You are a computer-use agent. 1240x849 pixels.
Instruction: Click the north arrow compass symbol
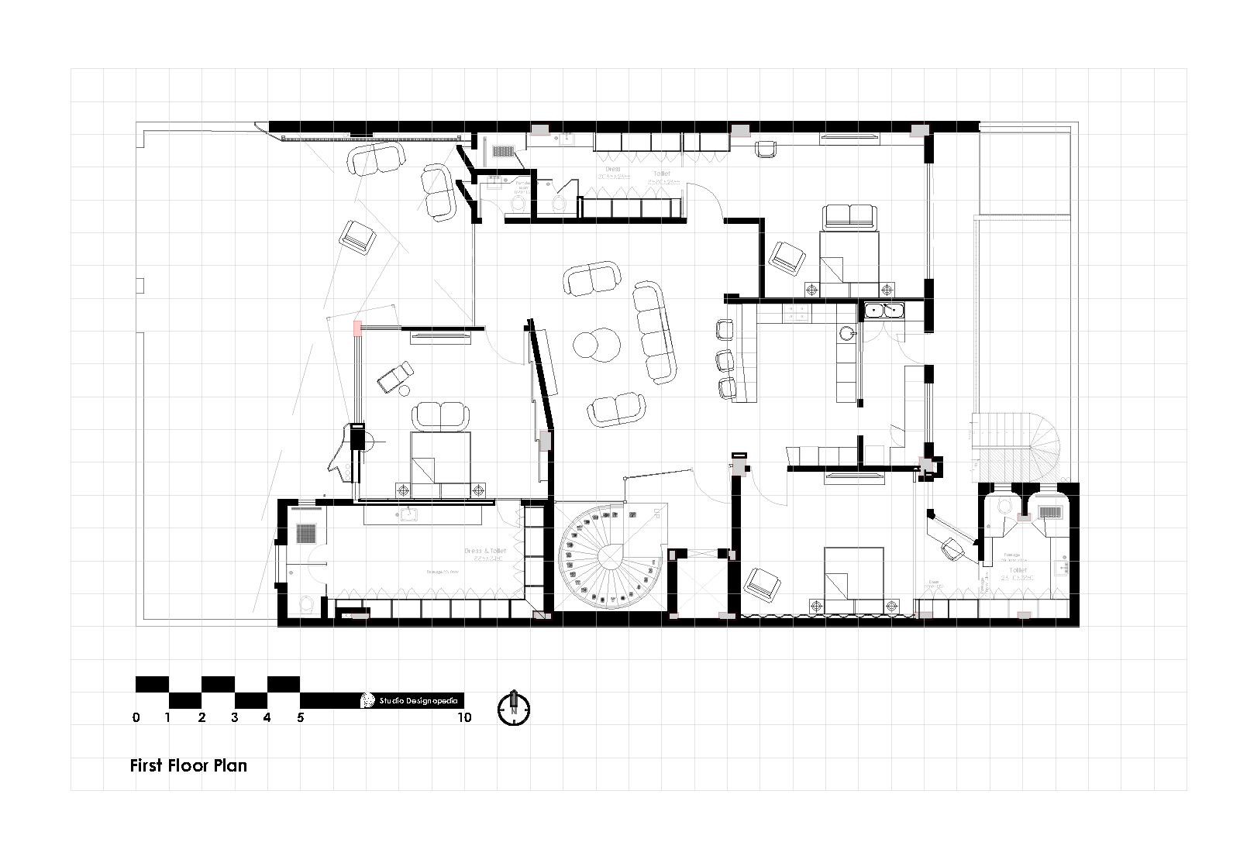tap(512, 707)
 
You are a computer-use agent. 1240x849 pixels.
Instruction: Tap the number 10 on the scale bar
tap(464, 718)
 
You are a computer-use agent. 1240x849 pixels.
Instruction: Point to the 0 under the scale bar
tap(136, 718)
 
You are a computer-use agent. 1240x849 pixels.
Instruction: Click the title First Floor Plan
tap(188, 765)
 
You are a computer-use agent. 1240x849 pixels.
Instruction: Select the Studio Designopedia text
tap(418, 700)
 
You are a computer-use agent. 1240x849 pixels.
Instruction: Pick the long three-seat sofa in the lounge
tap(654, 332)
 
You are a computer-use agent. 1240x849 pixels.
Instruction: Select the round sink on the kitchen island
tap(847, 334)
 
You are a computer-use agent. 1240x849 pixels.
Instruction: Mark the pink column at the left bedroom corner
tap(357, 328)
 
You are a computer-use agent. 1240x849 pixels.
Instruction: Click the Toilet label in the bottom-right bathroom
tap(1013, 570)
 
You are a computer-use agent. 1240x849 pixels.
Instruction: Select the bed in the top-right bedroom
tap(849, 256)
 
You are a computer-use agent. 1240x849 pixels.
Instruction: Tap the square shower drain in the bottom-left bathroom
tap(305, 533)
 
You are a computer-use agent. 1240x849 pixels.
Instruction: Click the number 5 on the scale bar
tap(301, 718)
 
